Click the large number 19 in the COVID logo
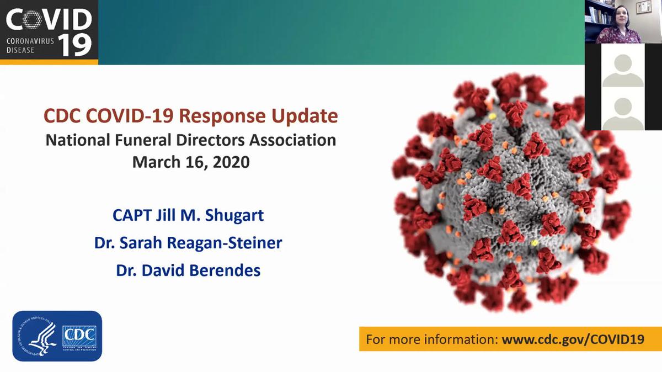tap(75, 44)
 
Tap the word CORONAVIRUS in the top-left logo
tap(30, 40)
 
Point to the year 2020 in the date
tap(229, 162)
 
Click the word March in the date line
tap(154, 162)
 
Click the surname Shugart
tap(234, 215)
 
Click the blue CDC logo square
tap(79, 336)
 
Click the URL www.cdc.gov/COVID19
tap(573, 339)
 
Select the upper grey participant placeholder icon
tap(623, 70)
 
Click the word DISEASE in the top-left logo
tap(20, 50)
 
